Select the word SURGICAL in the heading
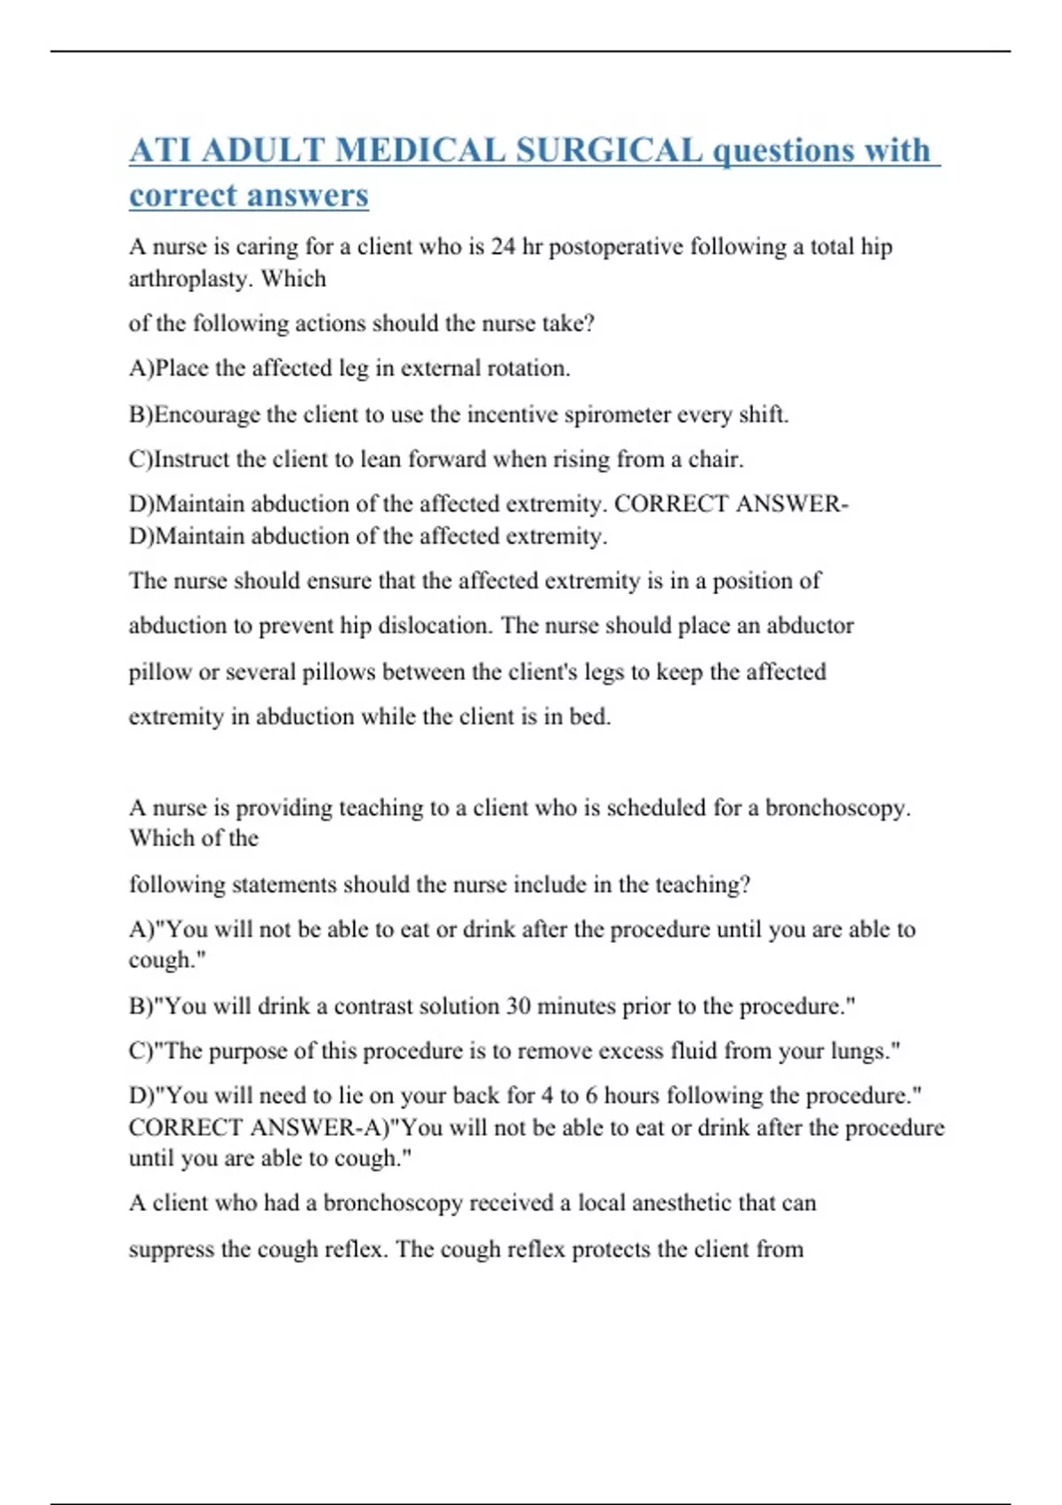click(609, 150)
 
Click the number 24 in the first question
click(503, 246)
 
